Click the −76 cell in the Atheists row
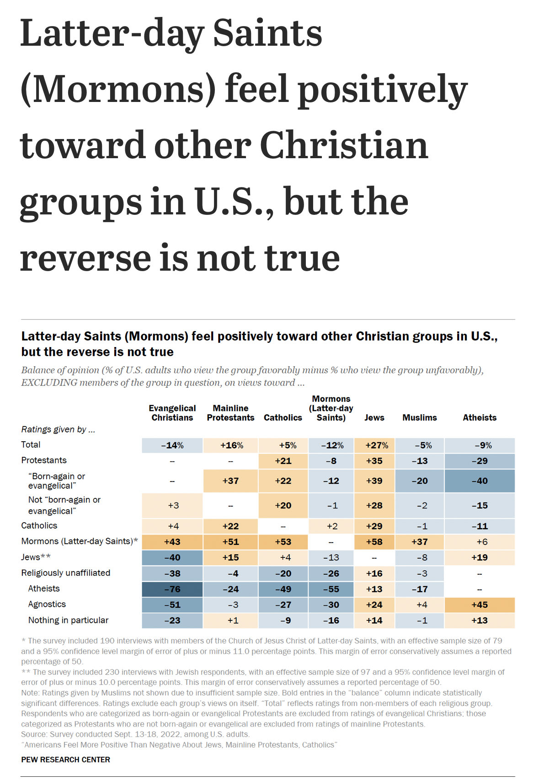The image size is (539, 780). pos(172,589)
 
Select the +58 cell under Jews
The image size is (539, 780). pos(374,542)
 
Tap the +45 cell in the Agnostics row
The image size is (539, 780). pos(479,605)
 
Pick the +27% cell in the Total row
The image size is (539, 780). pos(374,445)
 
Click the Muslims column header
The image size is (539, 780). pos(419,417)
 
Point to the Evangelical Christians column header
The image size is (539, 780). pos(172,413)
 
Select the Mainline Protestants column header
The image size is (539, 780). pos(230,413)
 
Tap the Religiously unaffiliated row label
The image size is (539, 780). pos(66,573)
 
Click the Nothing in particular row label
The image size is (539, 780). pos(68,620)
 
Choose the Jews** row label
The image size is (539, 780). pos(36,557)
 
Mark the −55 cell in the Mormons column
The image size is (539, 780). pos(331,589)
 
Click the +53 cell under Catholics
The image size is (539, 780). pos(283,542)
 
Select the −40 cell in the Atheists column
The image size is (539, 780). pos(479,481)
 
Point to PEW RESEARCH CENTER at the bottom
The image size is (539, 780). pos(66,759)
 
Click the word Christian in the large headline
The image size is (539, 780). pos(344,145)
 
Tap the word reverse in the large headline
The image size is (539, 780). pos(85,258)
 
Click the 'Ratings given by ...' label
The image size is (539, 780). pos(58,429)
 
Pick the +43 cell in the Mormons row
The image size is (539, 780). pos(172,542)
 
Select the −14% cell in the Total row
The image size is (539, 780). pos(172,445)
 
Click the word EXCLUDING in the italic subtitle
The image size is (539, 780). pos(49,383)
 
